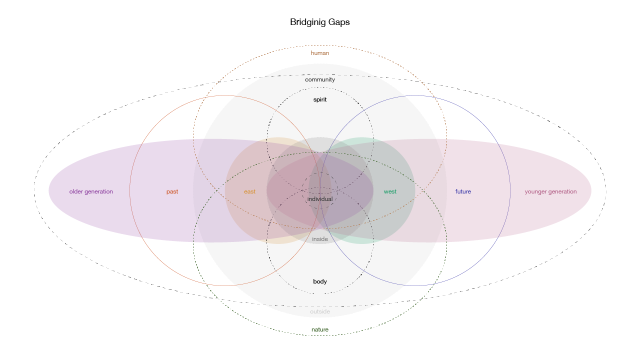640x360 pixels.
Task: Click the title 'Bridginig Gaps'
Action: pos(320,22)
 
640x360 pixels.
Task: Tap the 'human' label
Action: pos(320,53)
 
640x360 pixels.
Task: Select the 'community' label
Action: pos(320,79)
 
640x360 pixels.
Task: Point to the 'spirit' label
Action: pos(320,99)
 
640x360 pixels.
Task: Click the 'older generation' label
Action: pos(91,191)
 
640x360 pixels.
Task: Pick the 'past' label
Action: pos(172,191)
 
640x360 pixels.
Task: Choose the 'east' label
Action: pos(249,191)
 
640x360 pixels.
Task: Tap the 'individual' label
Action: pos(320,199)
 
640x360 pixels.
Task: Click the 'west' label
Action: pos(390,191)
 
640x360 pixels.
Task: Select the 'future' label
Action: pos(463,191)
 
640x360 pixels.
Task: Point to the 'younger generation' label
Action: pos(550,191)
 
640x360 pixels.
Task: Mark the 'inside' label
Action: pos(320,239)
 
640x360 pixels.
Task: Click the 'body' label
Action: pos(320,281)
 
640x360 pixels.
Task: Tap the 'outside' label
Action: pos(320,311)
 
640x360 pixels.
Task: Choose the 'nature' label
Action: pos(320,329)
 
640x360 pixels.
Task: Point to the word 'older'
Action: pos(76,191)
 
